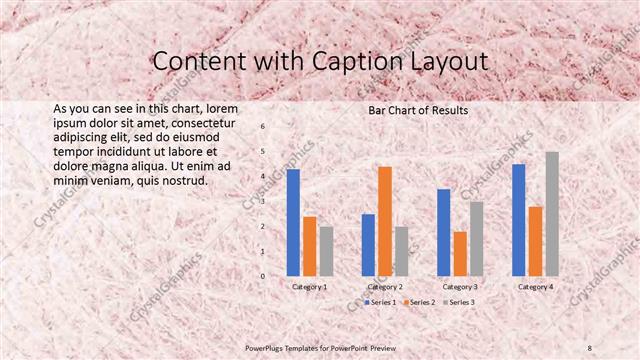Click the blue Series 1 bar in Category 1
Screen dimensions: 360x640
[x=293, y=222]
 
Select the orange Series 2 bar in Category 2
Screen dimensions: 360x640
[x=385, y=221]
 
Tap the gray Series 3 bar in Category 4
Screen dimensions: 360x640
[x=552, y=214]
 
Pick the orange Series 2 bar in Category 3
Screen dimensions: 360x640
[x=460, y=254]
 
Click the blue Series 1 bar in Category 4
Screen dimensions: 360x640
[x=519, y=220]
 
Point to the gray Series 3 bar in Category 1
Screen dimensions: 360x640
[x=326, y=251]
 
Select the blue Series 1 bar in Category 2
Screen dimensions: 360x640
[x=368, y=245]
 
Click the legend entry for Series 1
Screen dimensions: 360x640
[x=380, y=301]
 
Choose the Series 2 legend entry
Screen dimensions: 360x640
[x=419, y=301]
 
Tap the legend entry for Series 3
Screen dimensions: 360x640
[x=458, y=301]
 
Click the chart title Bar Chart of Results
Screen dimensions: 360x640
[x=418, y=109]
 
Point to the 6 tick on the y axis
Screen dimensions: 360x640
[x=263, y=127]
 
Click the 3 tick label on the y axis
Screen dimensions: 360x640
[x=263, y=201]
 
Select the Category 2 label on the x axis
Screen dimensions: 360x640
[x=385, y=287]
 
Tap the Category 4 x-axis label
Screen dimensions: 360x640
[x=535, y=287]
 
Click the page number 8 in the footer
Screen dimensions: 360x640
[x=590, y=347]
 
